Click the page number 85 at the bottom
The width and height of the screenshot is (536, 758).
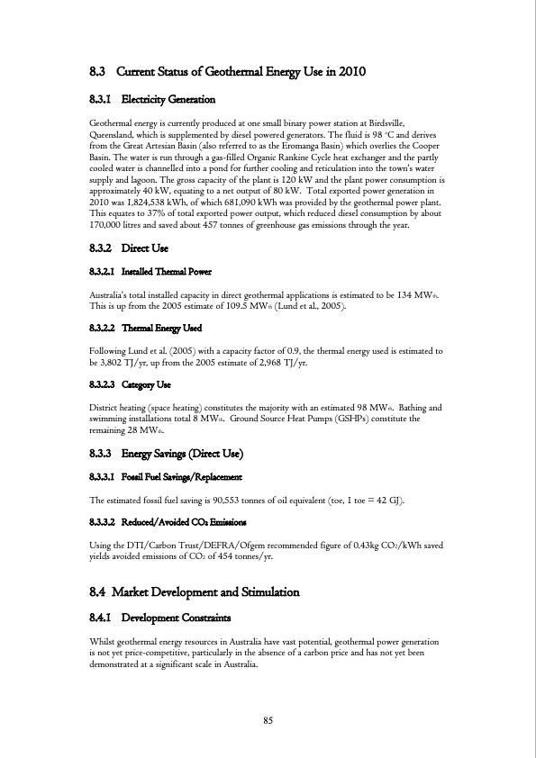point(268,719)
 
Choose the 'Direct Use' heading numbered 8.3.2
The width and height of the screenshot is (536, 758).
point(145,247)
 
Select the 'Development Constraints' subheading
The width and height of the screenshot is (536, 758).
point(176,618)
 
